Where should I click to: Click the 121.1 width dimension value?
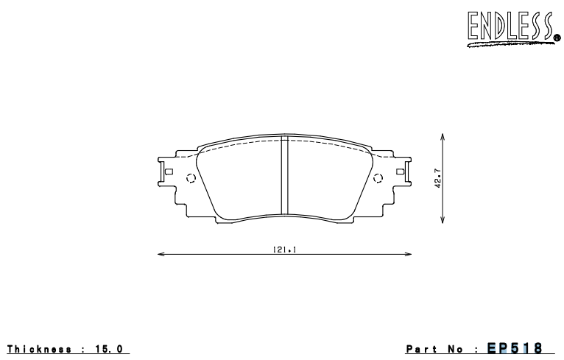[284, 250]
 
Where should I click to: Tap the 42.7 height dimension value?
[437, 180]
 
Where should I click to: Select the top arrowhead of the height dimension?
[442, 136]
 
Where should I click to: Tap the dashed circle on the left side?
[191, 177]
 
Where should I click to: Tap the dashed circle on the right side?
[379, 177]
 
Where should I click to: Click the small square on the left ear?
[169, 172]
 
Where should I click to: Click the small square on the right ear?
[400, 172]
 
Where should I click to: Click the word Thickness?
[38, 347]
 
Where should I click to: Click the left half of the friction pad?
[243, 180]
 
